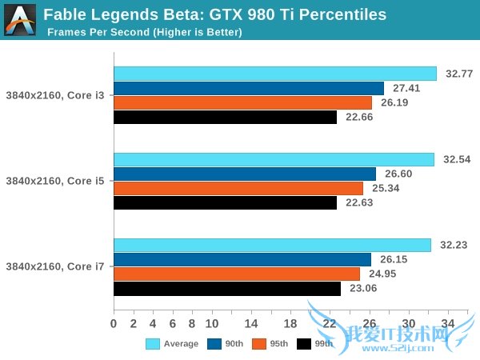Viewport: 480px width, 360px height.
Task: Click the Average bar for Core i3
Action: (x=275, y=74)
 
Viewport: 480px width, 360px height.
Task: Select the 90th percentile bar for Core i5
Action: (x=245, y=174)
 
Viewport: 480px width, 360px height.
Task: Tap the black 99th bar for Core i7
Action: (x=227, y=289)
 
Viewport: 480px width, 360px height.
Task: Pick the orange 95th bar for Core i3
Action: (x=242, y=102)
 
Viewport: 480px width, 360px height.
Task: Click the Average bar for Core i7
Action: (x=272, y=246)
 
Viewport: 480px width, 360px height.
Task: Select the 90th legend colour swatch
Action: (x=214, y=344)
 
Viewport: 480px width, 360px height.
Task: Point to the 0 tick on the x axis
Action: (x=114, y=323)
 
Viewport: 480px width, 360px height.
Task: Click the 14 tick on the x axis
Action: (x=251, y=323)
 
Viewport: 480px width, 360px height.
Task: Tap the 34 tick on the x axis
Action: (x=448, y=323)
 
